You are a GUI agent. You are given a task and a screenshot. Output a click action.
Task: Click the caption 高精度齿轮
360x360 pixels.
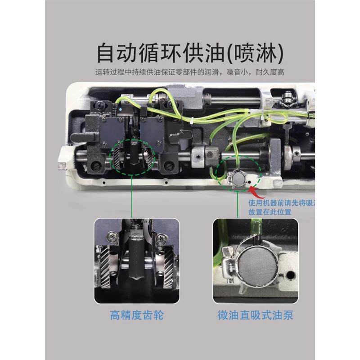(136, 315)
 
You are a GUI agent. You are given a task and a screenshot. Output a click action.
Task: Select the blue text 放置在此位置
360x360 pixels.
(270, 211)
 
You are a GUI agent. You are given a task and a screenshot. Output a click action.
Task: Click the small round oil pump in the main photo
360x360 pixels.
(237, 179)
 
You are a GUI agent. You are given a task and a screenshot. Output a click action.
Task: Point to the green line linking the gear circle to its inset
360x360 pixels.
(131, 198)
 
